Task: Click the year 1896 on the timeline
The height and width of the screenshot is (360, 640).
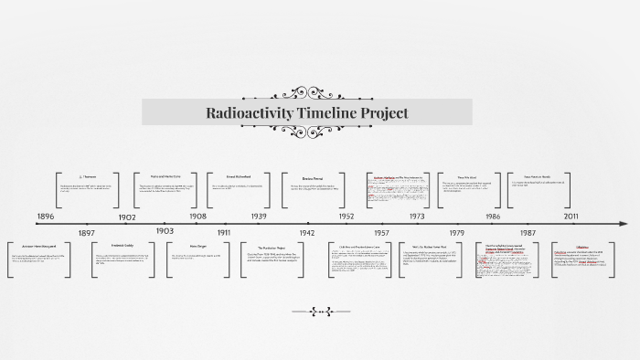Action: point(46,217)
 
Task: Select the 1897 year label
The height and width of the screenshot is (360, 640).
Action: point(87,234)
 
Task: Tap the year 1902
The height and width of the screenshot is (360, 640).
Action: point(127,217)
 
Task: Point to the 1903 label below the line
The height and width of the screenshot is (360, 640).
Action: point(165,231)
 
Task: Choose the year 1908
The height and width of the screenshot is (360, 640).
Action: point(198,217)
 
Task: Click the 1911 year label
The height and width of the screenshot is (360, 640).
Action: point(224,234)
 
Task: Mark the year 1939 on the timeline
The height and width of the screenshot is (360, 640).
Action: point(259,217)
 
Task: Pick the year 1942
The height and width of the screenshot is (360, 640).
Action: point(306,234)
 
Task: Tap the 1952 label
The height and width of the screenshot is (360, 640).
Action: point(346,217)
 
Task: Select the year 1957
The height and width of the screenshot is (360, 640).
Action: point(381,234)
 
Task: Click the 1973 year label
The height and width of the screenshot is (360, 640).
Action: point(416,217)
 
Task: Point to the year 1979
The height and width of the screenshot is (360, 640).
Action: point(456,234)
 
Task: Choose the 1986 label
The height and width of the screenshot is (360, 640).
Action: point(493,217)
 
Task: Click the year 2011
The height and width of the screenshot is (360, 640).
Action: point(571,217)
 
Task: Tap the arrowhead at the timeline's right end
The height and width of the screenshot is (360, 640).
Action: point(624,223)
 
